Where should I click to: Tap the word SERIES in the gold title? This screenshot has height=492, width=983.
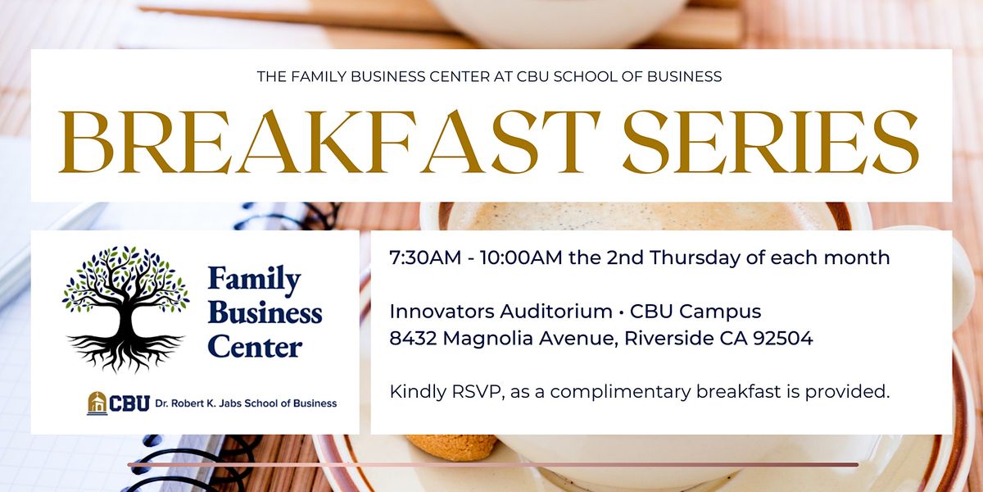[x=771, y=141]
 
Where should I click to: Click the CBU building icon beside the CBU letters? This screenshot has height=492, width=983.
[x=97, y=403]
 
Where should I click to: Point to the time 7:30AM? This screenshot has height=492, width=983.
[x=425, y=257]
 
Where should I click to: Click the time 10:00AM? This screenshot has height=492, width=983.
[x=521, y=257]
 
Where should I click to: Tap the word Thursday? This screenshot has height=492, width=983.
[x=695, y=257]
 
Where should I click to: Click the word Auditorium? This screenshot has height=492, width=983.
[x=556, y=312]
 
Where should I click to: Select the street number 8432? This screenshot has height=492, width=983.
[x=413, y=338]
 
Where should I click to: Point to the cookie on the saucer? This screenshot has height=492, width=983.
[x=452, y=447]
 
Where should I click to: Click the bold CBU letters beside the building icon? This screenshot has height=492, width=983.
[x=129, y=403]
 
